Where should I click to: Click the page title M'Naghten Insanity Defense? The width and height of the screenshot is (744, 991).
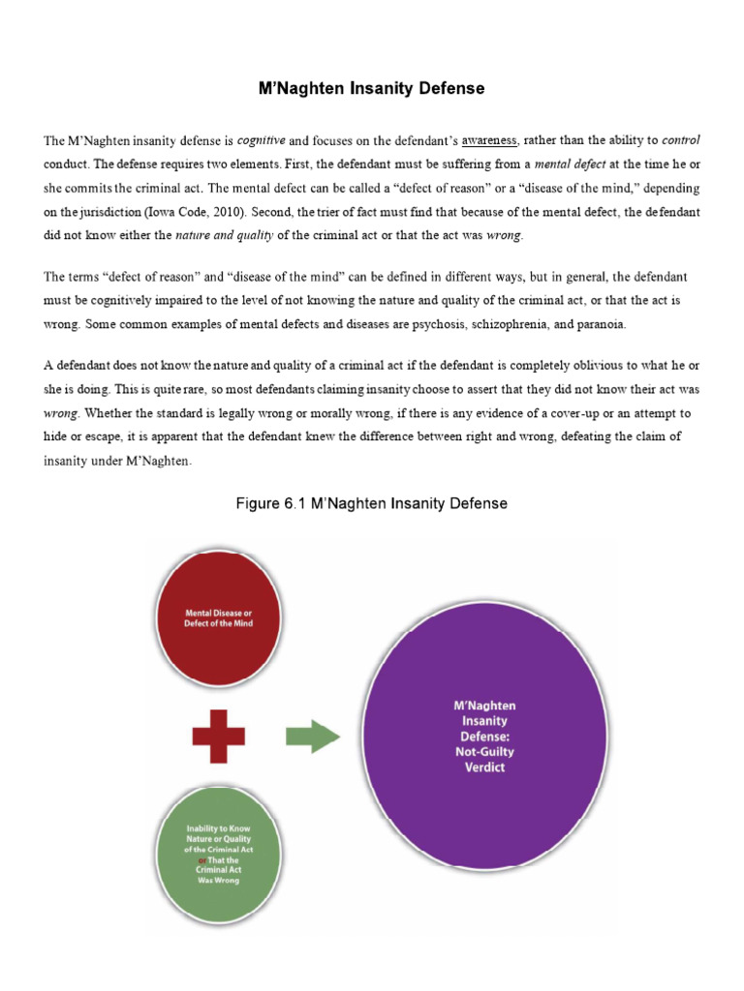tap(372, 89)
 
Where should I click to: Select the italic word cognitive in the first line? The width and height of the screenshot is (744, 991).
tap(263, 140)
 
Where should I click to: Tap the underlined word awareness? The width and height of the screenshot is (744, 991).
tap(489, 141)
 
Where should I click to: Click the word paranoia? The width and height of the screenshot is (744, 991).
tap(600, 324)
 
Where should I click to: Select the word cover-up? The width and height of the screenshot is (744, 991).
tap(542, 413)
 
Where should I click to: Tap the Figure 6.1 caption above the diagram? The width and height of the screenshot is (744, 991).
tap(372, 503)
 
